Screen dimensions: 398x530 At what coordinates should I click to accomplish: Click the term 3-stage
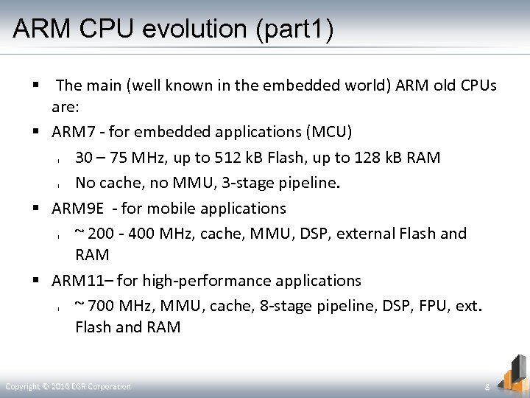(251, 183)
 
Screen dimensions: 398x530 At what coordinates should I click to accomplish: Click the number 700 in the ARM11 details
(103, 306)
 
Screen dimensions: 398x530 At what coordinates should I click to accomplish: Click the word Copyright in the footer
(22, 386)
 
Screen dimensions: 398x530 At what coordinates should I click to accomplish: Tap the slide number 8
(487, 387)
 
